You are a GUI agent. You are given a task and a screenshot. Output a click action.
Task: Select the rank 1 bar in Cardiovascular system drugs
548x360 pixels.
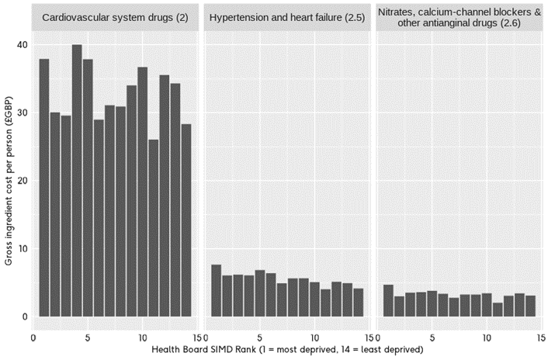tap(44, 187)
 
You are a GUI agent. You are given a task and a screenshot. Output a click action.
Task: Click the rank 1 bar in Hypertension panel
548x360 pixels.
tap(216, 290)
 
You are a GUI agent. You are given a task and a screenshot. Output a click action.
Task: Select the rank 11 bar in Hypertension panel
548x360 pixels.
tap(325, 303)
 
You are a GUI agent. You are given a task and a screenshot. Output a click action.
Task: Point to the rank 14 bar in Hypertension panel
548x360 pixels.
tap(358, 302)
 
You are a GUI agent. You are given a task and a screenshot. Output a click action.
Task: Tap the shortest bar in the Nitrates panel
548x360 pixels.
tap(498, 310)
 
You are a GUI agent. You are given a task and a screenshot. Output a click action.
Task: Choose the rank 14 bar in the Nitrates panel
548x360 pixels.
tap(530, 306)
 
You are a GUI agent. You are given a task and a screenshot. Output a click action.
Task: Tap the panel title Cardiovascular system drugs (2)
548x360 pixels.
tap(115, 16)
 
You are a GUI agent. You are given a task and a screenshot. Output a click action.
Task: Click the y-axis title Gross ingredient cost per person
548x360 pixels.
tap(9, 180)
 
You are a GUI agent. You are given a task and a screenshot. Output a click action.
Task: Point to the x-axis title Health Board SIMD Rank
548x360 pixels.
tap(287, 350)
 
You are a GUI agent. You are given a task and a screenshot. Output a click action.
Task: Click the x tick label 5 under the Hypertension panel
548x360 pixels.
tap(259, 337)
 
